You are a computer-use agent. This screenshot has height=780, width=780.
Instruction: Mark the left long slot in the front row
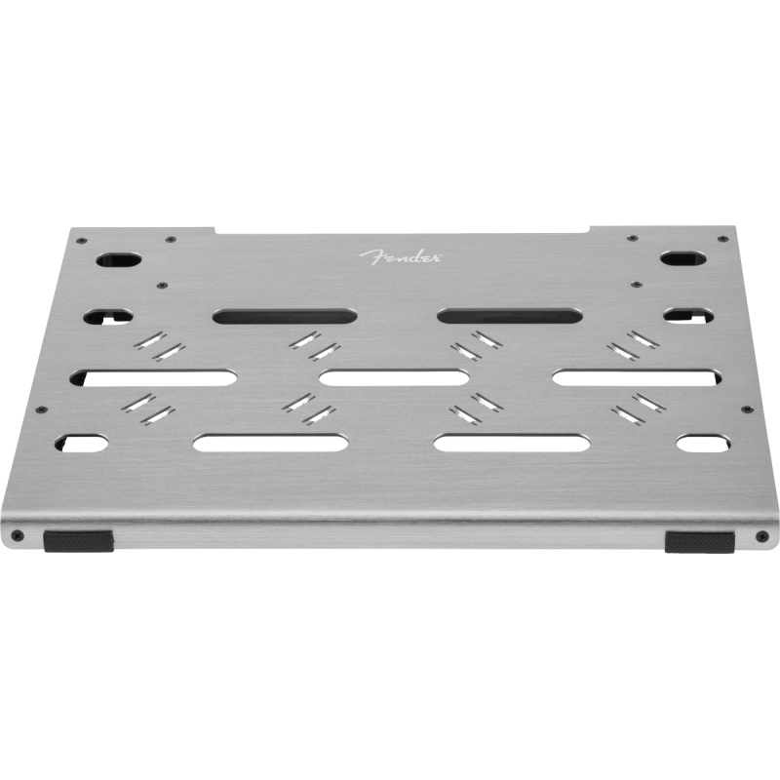click(270, 442)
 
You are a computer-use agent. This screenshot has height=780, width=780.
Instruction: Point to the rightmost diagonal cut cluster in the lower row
click(632, 408)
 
